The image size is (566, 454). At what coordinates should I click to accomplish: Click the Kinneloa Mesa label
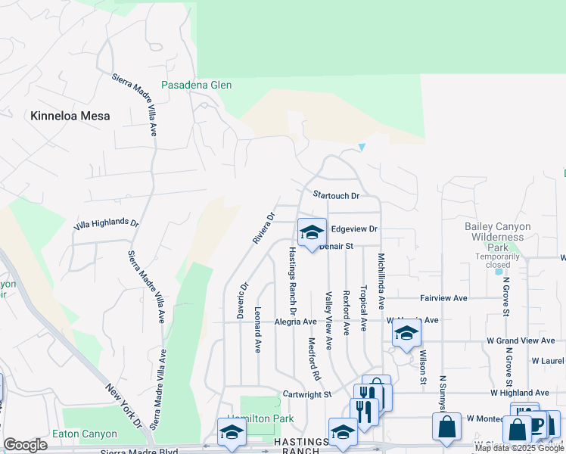point(70,117)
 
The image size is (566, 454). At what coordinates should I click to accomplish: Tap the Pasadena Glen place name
point(196,86)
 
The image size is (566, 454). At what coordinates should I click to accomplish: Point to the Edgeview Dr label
point(354,229)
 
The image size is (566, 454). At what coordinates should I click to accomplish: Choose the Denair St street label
point(336,247)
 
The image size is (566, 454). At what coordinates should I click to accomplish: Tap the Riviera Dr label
point(263,227)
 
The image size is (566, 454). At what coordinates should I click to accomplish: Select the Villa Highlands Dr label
point(107,225)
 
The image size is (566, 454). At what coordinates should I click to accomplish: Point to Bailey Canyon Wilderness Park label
point(497,237)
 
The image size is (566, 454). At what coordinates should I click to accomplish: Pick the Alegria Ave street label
point(294,322)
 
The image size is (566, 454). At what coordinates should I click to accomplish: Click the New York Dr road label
point(124,404)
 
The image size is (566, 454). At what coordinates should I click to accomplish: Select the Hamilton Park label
point(250,418)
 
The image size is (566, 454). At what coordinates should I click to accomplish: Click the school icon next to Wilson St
point(406,334)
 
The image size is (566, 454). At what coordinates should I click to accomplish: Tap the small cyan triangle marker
point(362,147)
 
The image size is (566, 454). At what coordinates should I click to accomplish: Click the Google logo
point(25,445)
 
